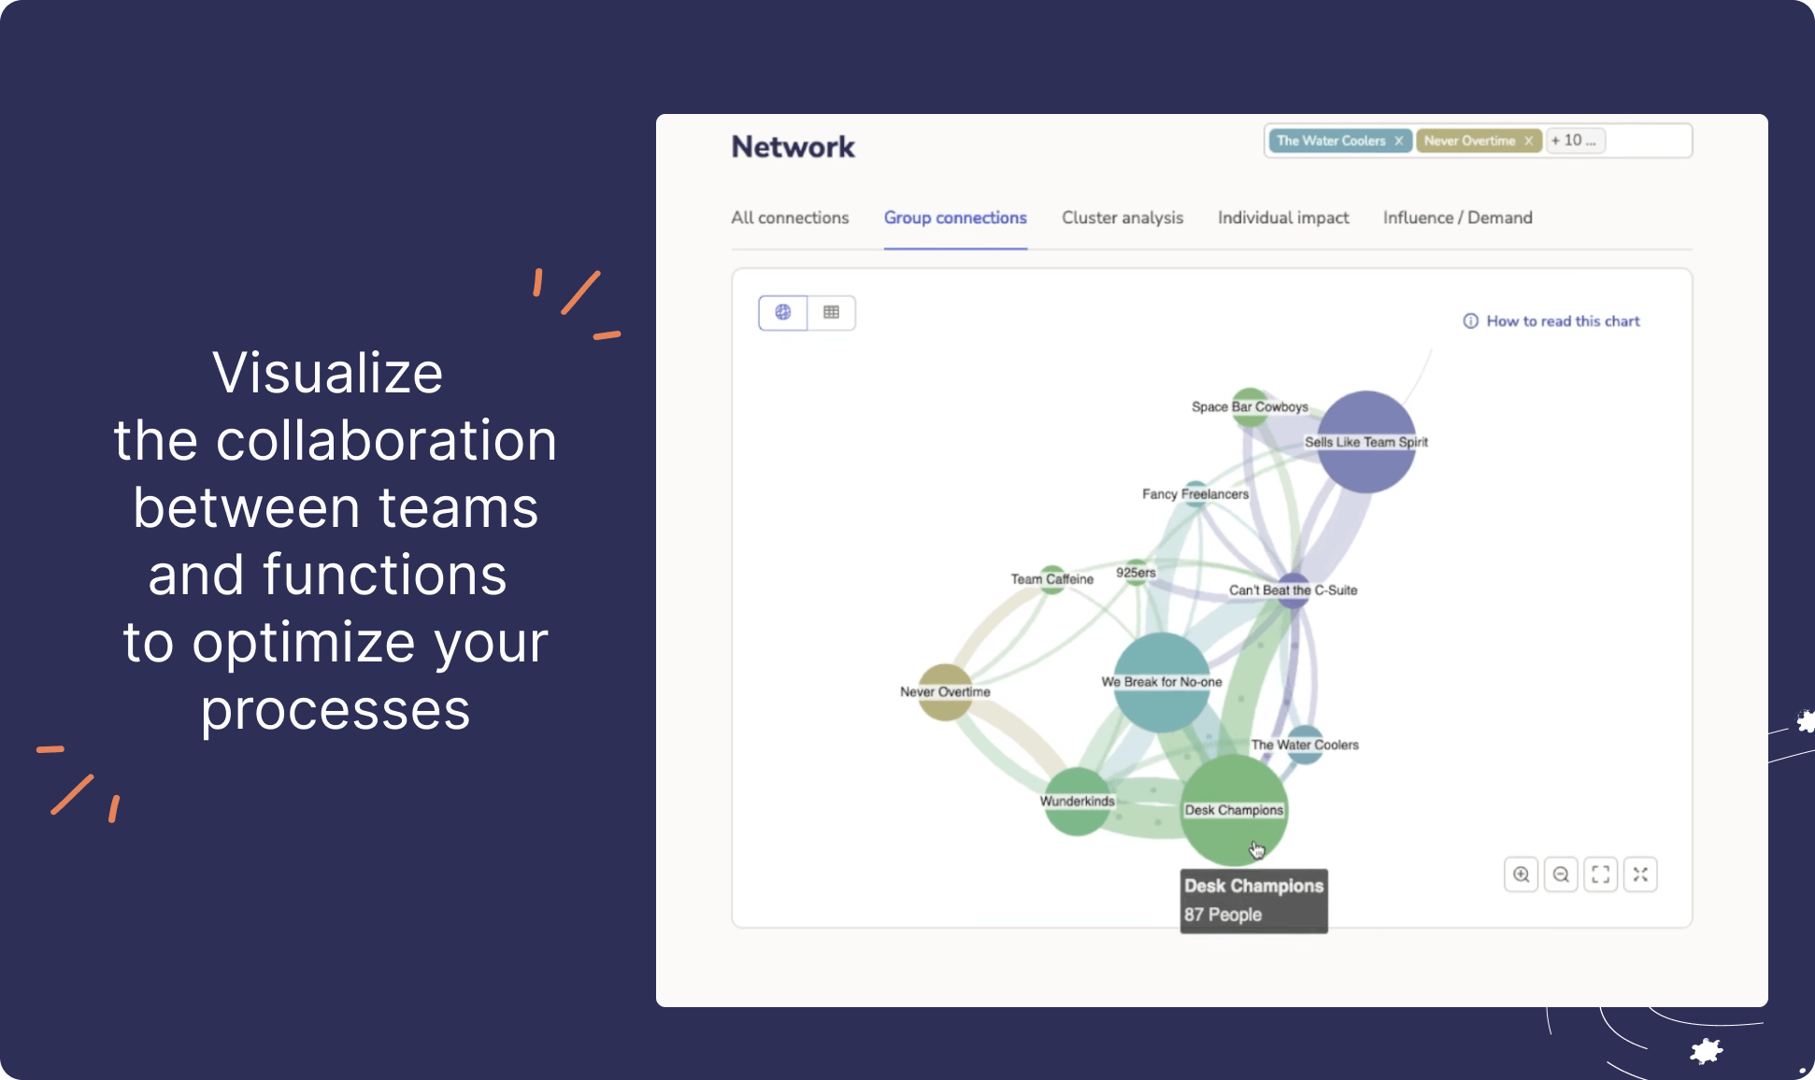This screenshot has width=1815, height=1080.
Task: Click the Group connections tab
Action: click(x=955, y=218)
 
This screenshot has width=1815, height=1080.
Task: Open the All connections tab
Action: click(x=790, y=218)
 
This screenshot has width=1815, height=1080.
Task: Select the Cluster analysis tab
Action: click(x=1122, y=218)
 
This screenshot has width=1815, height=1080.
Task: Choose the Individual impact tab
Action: click(x=1282, y=218)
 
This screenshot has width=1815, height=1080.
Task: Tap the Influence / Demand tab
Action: click(x=1457, y=218)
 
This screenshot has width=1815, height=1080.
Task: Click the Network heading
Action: click(x=793, y=147)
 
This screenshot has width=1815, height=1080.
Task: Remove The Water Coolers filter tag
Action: click(x=1398, y=141)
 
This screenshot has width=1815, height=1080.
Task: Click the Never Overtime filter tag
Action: click(x=1468, y=141)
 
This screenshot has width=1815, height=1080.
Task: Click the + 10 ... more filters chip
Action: click(x=1574, y=140)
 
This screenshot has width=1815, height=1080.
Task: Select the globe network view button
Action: click(x=783, y=312)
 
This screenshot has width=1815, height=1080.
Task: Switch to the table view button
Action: click(x=831, y=312)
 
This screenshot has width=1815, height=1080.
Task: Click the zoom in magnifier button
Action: click(x=1521, y=874)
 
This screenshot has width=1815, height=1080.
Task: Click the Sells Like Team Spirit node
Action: click(x=1366, y=442)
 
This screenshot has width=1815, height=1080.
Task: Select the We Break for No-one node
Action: click(x=1161, y=682)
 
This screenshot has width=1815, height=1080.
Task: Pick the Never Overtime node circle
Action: click(x=945, y=692)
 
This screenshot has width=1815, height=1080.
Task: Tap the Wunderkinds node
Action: click(x=1077, y=802)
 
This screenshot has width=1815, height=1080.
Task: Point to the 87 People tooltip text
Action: click(x=1222, y=915)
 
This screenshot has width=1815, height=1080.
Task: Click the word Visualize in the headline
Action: click(x=328, y=373)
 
